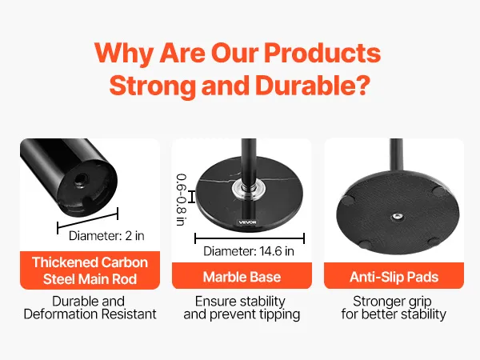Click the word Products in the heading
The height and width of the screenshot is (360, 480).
(322, 53)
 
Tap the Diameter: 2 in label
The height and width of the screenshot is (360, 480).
(106, 236)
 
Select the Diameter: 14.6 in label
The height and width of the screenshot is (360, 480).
(249, 251)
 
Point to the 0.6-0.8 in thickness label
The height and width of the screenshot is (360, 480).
(182, 200)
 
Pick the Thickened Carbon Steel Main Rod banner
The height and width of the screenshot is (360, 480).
(90, 270)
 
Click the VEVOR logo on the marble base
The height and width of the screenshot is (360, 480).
(247, 222)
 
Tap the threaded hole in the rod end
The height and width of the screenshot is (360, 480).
(82, 178)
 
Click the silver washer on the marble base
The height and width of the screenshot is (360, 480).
(248, 189)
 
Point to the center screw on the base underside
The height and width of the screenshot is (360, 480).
(398, 217)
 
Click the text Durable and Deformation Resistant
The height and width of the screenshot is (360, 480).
(90, 308)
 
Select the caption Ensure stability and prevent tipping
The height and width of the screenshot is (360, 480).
(242, 308)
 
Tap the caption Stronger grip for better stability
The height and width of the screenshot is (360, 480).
(394, 308)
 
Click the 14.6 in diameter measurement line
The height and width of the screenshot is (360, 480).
(250, 238)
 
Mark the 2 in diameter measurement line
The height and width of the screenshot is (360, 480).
(87, 221)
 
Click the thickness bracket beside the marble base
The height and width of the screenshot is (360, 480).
(192, 196)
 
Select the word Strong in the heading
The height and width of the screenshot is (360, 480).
(152, 85)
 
